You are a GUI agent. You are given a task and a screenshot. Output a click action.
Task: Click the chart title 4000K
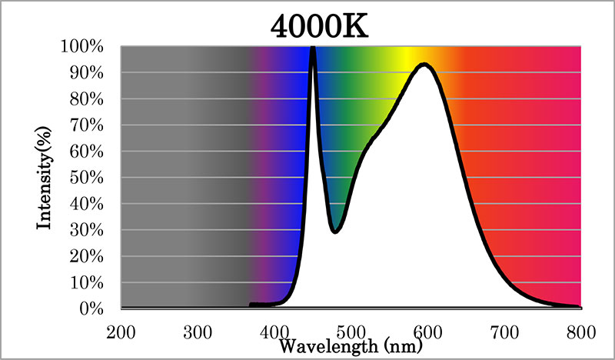click(x=319, y=27)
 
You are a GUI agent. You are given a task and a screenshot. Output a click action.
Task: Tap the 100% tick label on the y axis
click(x=82, y=46)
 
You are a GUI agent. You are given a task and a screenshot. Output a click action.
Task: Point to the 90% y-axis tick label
click(x=87, y=72)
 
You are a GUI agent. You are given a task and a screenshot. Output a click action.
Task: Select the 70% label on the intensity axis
click(x=87, y=125)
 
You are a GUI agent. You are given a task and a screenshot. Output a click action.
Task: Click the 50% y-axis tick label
click(x=87, y=178)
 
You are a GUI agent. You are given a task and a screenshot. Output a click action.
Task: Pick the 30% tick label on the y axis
click(x=87, y=230)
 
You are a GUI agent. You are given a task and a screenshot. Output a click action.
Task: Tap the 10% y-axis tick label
click(x=87, y=282)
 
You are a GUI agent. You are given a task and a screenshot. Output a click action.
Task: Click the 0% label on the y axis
click(x=91, y=308)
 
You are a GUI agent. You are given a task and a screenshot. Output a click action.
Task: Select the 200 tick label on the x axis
click(x=121, y=332)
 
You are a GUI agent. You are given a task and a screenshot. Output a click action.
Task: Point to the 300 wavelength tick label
click(x=198, y=332)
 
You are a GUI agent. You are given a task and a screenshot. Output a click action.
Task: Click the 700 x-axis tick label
click(x=504, y=332)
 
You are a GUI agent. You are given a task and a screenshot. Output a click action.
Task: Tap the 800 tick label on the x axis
click(x=581, y=332)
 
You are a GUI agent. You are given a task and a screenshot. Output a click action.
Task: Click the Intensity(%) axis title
click(x=44, y=178)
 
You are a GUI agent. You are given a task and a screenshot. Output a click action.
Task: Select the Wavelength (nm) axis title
click(x=351, y=346)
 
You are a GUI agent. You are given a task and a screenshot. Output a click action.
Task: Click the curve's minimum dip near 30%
click(x=335, y=231)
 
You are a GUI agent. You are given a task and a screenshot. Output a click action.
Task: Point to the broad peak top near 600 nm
click(x=424, y=65)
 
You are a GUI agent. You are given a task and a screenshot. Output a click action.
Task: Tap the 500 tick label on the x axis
click(x=351, y=332)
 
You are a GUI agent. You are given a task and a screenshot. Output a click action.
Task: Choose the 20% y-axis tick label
click(x=87, y=256)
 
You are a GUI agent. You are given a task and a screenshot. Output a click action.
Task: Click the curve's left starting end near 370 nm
click(x=251, y=305)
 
